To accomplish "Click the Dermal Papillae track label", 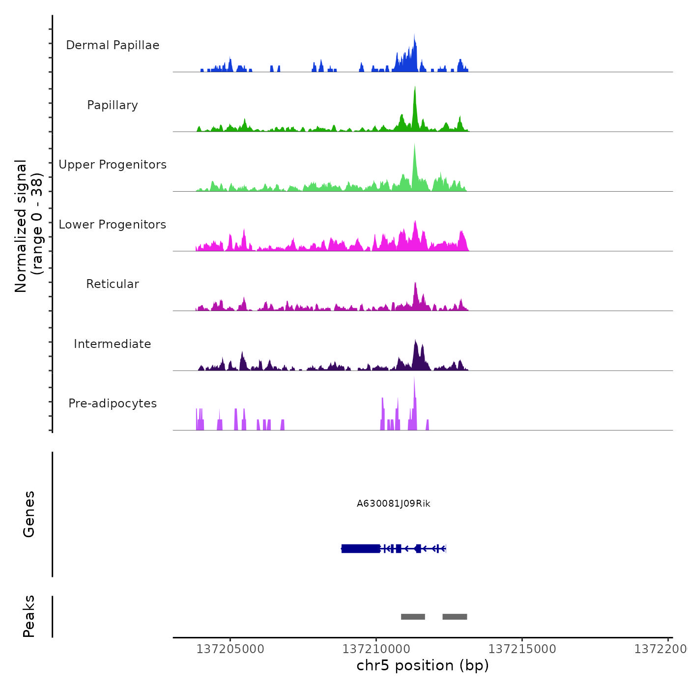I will coord(113,45).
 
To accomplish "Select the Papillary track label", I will coord(113,105).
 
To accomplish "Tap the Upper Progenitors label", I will coord(113,165).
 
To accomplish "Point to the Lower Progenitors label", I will coord(113,225).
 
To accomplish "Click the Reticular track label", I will coord(113,284).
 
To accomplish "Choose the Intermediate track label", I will coord(113,344).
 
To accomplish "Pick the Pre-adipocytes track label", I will coord(113,403).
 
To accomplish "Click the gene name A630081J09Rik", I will coord(394,504).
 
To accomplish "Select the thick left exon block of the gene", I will coord(361,548).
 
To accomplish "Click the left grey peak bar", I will coord(413,617).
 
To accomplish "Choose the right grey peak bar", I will coord(455,617).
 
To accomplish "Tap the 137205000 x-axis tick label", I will coord(230,649).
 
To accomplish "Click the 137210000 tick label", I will coord(376,649).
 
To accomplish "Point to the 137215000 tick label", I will coord(522,649).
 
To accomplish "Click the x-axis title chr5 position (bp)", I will coord(423,665).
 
